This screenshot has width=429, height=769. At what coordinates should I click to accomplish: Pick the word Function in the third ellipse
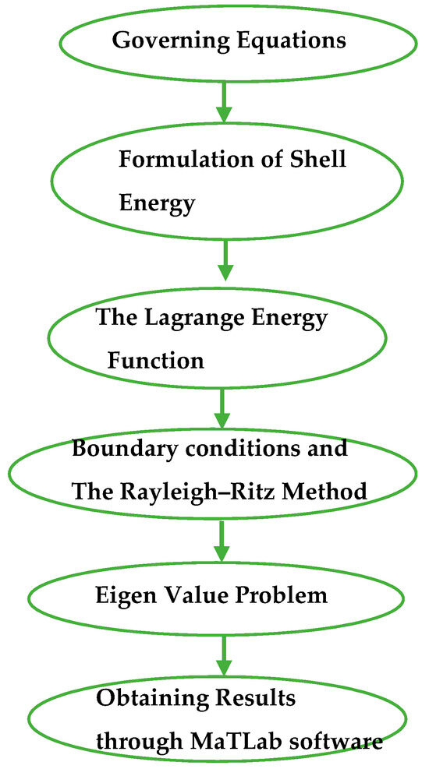pos(156,361)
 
